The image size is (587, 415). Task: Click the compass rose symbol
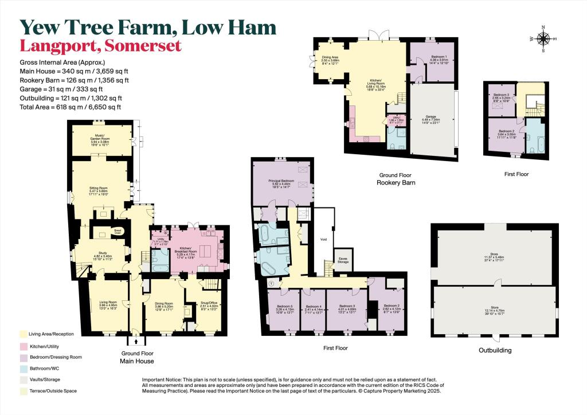pos(543,39)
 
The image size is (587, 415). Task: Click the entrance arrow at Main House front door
pos(136,340)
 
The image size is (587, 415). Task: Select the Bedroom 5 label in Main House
pos(284,308)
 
